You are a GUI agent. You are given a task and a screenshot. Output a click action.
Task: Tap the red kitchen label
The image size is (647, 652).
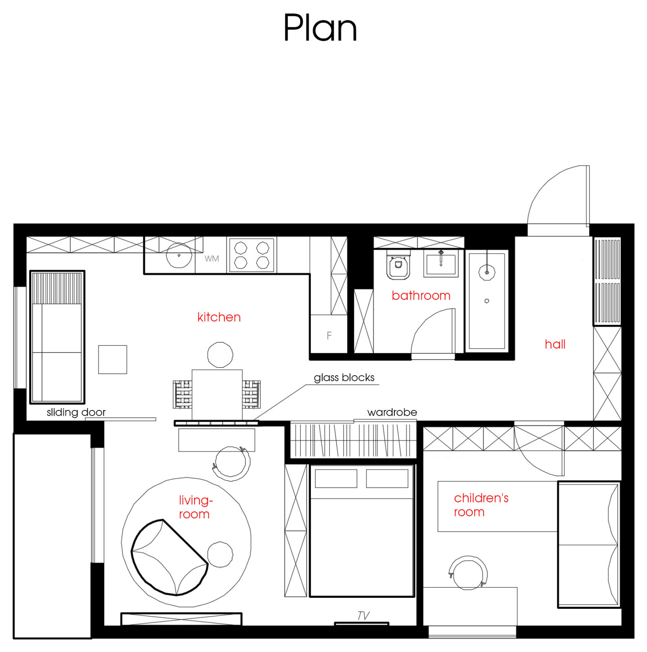coord(219,317)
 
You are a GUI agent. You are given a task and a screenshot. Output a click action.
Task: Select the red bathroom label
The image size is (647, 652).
coord(421,295)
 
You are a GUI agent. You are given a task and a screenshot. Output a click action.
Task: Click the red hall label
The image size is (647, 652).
coord(555,344)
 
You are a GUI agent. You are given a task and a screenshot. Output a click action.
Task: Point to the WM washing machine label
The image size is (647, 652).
coord(212,258)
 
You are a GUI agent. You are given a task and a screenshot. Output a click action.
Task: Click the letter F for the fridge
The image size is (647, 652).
coord(329,335)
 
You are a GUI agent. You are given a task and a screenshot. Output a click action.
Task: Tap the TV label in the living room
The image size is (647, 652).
coord(363,615)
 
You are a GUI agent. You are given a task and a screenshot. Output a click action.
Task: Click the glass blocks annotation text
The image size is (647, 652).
coord(344,378)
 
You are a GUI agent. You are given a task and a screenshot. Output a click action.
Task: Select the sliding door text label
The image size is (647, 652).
coord(76,412)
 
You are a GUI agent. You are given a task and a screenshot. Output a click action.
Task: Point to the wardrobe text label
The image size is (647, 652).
coord(392,412)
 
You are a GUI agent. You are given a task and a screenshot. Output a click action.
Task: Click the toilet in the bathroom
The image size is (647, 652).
coord(398,265)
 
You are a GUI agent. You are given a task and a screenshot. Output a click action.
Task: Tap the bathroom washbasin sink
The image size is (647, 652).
coord(441,263)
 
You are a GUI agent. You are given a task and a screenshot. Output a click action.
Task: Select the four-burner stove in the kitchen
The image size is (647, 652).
coord(252,255)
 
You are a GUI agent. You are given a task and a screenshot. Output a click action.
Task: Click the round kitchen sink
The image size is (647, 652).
coord(179,255)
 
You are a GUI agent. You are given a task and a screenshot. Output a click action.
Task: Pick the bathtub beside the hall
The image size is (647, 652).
coord(487,301)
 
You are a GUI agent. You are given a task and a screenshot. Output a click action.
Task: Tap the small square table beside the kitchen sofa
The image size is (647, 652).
coord(112,359)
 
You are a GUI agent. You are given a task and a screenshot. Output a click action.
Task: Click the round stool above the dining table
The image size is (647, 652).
coord(220,355)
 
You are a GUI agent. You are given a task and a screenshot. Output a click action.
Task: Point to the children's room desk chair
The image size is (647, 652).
coord(468,573)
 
